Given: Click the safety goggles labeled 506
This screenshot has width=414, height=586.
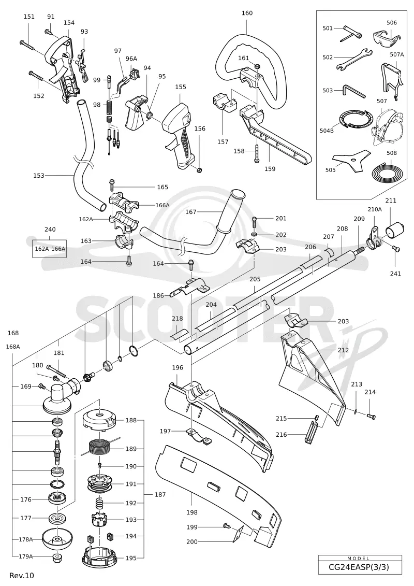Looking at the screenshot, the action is click(x=387, y=37).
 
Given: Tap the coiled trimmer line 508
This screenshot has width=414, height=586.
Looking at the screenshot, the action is click(x=387, y=170).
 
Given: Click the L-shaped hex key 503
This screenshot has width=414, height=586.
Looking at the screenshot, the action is click(x=353, y=91).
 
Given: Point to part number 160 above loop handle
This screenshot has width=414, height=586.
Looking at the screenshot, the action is click(x=247, y=13).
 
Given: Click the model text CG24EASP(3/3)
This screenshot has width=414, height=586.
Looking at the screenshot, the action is click(x=359, y=567).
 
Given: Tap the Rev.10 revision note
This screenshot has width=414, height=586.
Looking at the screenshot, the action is click(x=22, y=576).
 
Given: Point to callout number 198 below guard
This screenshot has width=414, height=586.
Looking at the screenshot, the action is click(x=192, y=512).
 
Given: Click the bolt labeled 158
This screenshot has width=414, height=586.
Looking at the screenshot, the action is click(x=257, y=153).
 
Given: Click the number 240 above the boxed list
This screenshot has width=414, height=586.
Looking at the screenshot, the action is click(x=50, y=230).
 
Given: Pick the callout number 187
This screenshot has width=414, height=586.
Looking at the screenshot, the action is click(x=160, y=494).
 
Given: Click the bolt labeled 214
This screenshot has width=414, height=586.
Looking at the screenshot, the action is click(x=371, y=416).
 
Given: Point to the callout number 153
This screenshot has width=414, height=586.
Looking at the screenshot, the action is click(x=38, y=175).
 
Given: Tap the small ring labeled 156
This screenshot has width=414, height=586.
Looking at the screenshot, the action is click(x=200, y=170).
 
